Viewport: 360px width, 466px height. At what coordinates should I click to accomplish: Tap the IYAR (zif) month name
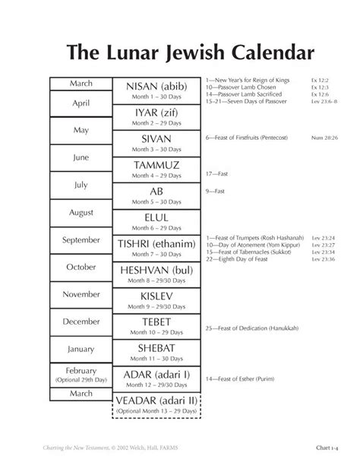tap(156, 113)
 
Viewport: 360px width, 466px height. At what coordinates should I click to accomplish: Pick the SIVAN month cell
tap(156, 144)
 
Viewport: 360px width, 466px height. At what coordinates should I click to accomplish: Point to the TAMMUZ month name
tap(156, 165)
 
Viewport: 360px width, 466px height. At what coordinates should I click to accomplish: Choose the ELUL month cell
tap(156, 222)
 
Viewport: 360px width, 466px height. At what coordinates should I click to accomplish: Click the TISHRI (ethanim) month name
tap(156, 243)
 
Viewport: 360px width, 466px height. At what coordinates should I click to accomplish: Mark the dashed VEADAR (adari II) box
tap(156, 406)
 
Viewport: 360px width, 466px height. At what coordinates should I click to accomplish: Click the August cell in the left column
tap(81, 212)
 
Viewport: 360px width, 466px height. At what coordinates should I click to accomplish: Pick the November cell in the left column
tap(81, 294)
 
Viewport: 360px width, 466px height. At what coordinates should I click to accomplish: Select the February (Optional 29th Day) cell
tap(81, 372)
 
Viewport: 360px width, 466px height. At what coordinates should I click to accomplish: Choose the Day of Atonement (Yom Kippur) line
tap(251, 246)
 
